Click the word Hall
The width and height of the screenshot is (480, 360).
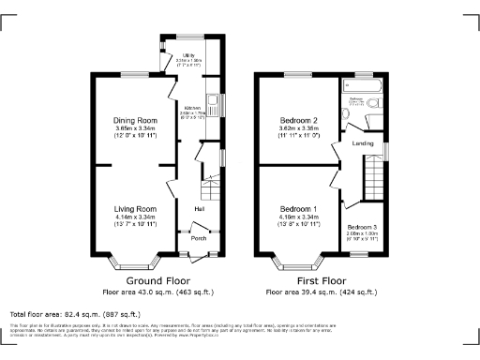pos(200,208)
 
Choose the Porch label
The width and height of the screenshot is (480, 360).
pos(199,238)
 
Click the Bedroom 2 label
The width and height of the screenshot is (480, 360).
pos(299,121)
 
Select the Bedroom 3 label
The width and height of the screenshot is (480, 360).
pos(363,227)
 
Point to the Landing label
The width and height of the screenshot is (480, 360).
pos(363,143)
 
